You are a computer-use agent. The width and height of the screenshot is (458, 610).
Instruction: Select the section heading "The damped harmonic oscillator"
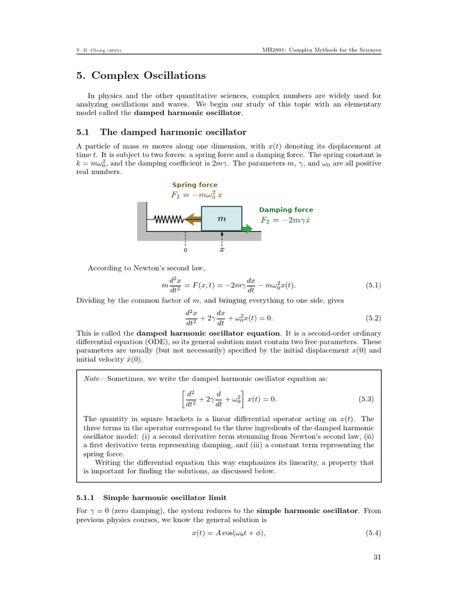[173, 132]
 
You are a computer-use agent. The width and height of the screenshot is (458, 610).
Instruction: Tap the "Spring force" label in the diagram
[195, 185]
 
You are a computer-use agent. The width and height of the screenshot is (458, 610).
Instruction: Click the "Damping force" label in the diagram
[286, 210]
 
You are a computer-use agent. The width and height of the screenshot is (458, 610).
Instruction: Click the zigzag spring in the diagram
[169, 220]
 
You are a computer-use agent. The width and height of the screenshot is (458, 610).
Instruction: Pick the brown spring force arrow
[193, 220]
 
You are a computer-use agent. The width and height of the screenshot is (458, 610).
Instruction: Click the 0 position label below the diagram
[185, 250]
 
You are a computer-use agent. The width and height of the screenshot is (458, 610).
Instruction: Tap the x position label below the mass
[222, 250]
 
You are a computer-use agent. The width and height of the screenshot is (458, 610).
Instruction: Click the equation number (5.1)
[373, 285]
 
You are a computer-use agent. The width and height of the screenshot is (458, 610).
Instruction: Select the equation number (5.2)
[373, 318]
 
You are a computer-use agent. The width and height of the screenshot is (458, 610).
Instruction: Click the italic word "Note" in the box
[92, 379]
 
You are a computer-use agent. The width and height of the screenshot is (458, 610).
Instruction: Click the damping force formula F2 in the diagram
[286, 220]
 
